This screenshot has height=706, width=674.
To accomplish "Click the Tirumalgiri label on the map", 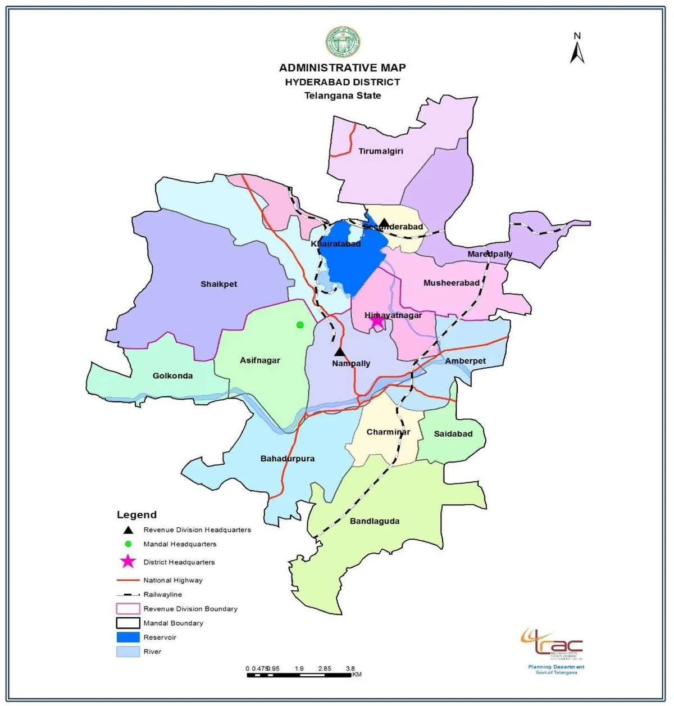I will click(x=381, y=151).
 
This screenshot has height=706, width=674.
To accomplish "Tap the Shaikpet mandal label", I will click(x=218, y=284).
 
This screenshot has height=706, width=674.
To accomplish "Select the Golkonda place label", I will click(x=172, y=376).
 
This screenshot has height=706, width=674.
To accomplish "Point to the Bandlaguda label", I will click(x=375, y=522).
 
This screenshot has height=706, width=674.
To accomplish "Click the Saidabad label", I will click(x=453, y=434).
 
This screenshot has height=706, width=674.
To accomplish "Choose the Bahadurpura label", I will click(x=287, y=459).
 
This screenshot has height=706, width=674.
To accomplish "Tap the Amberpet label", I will click(x=465, y=361).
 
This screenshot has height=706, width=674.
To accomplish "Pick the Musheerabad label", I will click(x=451, y=283).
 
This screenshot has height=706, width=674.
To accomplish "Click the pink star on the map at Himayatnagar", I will click(x=377, y=322).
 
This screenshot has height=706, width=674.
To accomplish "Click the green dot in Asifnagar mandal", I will click(x=300, y=325).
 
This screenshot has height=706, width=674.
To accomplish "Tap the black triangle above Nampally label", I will click(x=339, y=352).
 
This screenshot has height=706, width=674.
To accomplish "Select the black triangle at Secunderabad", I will click(x=384, y=223).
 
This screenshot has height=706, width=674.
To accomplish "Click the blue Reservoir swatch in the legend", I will click(x=128, y=637).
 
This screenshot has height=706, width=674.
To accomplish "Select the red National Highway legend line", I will click(x=128, y=580).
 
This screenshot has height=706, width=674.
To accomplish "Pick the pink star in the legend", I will click(x=129, y=562).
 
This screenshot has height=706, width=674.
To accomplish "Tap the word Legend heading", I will click(x=136, y=515).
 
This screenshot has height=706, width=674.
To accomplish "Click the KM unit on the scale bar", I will click(x=357, y=675).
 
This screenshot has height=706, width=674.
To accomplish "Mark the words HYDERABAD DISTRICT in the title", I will click(x=342, y=82).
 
